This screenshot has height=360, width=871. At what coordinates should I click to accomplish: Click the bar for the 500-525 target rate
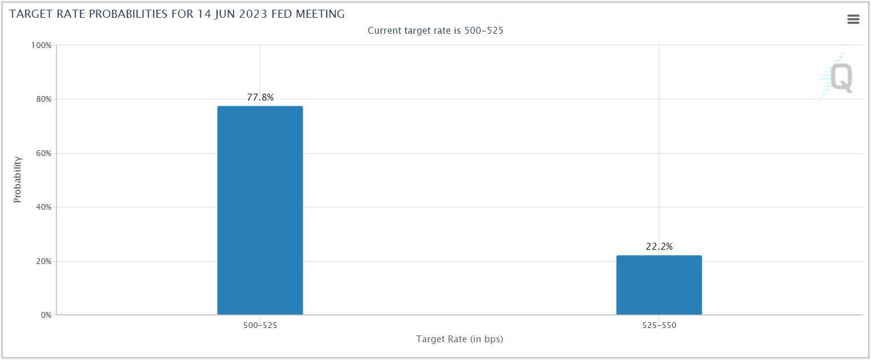[x=260, y=210]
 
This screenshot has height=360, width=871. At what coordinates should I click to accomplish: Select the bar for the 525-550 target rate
[x=659, y=285]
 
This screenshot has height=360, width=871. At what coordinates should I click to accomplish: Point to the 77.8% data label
[x=260, y=97]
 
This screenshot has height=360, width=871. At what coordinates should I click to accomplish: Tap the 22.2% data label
[x=659, y=246]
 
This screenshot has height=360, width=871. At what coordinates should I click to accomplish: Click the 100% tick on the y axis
[x=41, y=46]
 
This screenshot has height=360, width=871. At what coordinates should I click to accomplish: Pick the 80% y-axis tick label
[x=43, y=99]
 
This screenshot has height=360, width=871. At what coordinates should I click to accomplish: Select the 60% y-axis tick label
[x=43, y=153]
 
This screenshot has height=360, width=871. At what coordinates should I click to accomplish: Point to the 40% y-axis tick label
[x=43, y=207]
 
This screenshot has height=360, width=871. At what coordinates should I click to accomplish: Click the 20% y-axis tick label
[x=43, y=261]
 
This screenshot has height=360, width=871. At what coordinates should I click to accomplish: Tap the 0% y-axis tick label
[x=46, y=315]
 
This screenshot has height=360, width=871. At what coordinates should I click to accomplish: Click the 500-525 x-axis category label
[x=260, y=325]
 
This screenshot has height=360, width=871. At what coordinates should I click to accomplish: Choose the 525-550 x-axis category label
[x=659, y=325]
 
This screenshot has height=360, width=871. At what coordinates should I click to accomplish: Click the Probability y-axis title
[x=17, y=179]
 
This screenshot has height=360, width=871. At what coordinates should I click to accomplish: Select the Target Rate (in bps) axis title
[x=460, y=339]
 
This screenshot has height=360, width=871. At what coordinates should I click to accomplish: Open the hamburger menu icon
[x=853, y=19]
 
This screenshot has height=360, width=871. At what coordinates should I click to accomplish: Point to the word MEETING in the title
[x=320, y=14]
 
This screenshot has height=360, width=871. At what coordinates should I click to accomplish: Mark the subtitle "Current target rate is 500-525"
[x=435, y=30]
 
